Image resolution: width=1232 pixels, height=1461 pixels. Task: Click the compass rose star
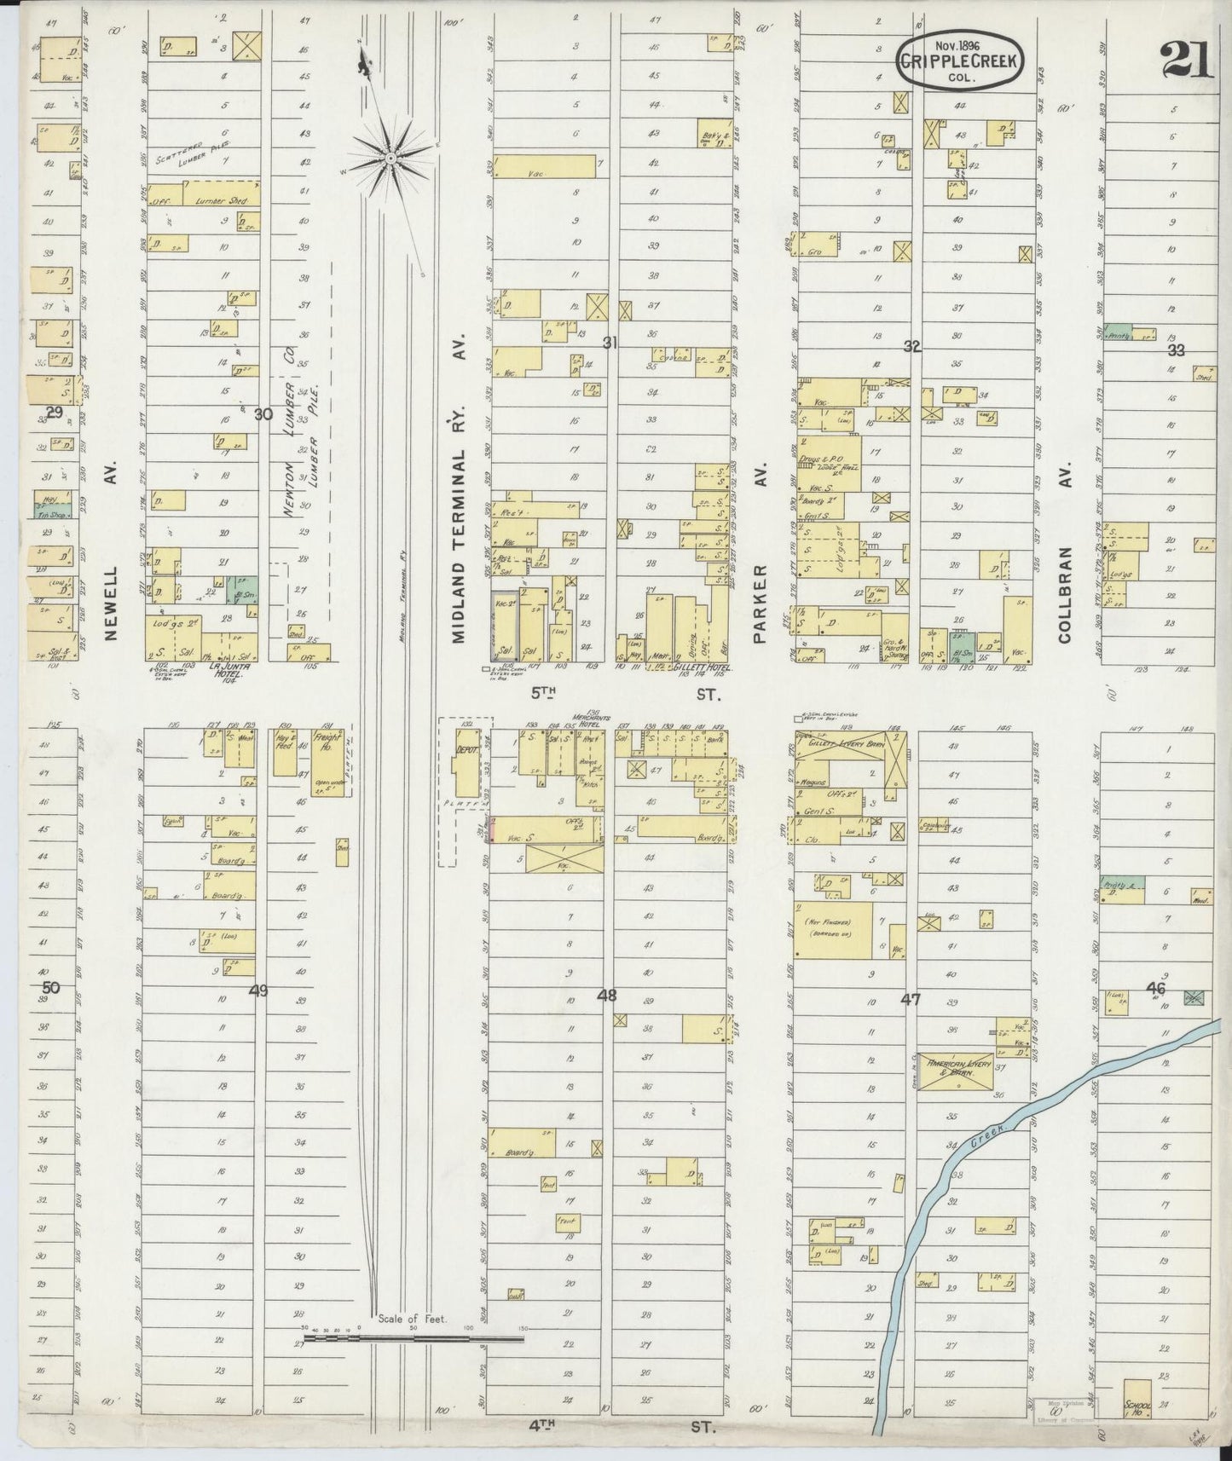point(390,157)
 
